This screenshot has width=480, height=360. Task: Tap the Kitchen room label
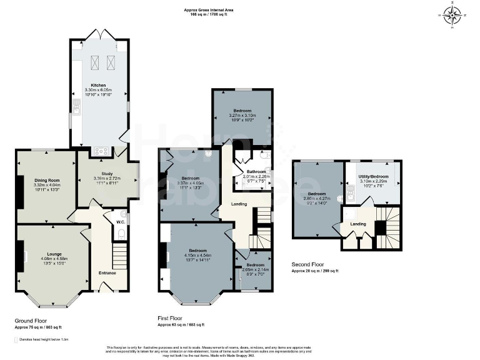[98, 85]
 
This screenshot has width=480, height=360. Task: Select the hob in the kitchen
[101, 151]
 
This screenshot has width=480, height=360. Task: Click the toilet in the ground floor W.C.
[121, 234]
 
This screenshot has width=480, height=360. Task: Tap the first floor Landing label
[238, 204]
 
